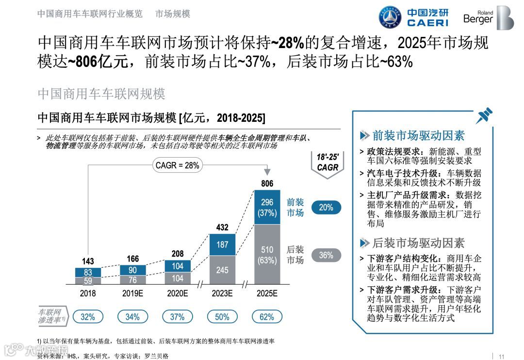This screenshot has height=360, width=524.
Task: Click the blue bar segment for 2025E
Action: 267,207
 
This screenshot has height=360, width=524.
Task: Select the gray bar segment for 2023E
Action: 222,270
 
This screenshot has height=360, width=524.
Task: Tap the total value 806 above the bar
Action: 267,183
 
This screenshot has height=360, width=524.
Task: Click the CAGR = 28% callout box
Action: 177,165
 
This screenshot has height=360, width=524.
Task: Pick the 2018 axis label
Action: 88,294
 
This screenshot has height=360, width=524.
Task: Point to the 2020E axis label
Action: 177,294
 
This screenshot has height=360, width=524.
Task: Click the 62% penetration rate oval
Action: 267,317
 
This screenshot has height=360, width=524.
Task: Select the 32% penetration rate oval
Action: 88,317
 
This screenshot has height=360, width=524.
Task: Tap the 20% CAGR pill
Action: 326,207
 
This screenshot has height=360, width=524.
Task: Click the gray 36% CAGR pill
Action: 326,255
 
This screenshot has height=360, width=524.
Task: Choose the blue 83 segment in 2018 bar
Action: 88,272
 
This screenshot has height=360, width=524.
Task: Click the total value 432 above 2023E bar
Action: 222,227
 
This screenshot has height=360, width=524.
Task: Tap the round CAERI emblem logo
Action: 390,17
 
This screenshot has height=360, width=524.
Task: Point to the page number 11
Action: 502,355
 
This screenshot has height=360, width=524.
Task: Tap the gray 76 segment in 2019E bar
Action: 132,279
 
